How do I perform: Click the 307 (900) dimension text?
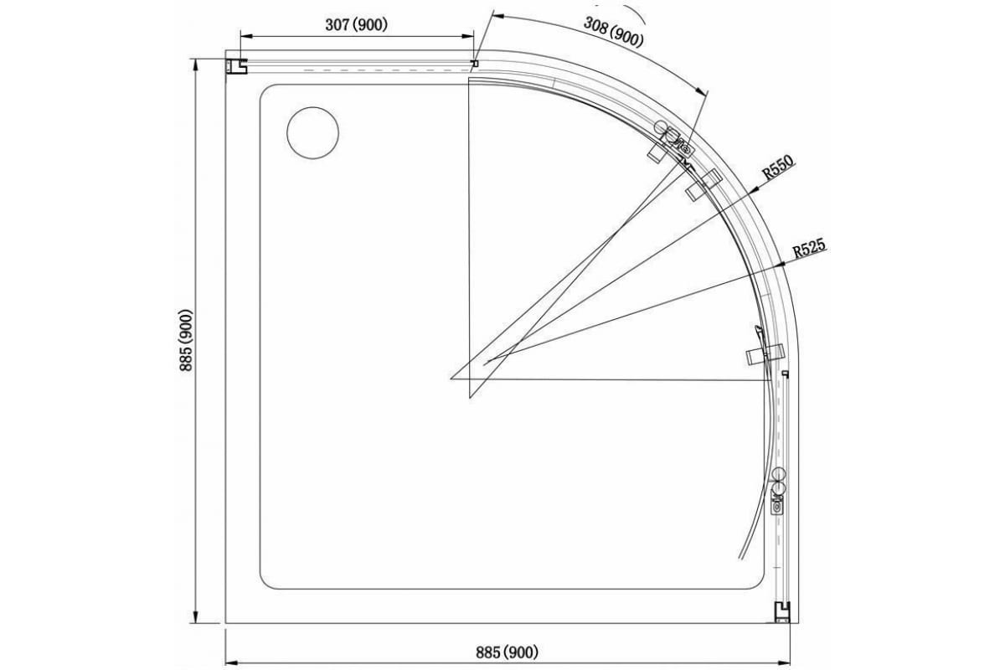point(356,25)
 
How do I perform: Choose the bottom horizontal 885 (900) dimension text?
point(508,652)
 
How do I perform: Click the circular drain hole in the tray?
point(312,132)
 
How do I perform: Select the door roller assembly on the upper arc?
point(674,139)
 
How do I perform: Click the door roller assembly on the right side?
point(779,490)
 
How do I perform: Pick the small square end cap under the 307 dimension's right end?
point(475,63)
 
